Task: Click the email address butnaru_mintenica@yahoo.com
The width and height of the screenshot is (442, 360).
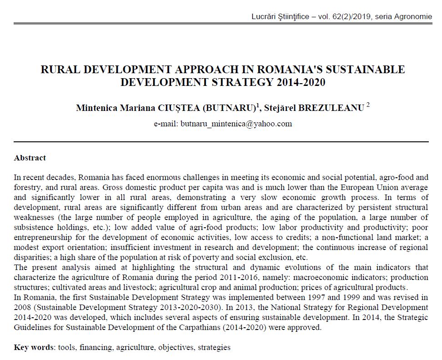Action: point(236,124)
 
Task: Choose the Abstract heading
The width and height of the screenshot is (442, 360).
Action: point(30,158)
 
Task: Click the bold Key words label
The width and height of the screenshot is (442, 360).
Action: point(34,348)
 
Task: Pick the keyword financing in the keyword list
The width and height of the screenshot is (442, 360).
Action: point(96,348)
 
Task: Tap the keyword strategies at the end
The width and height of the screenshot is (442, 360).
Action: point(213,348)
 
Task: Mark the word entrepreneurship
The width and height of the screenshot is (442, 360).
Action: point(43,237)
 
